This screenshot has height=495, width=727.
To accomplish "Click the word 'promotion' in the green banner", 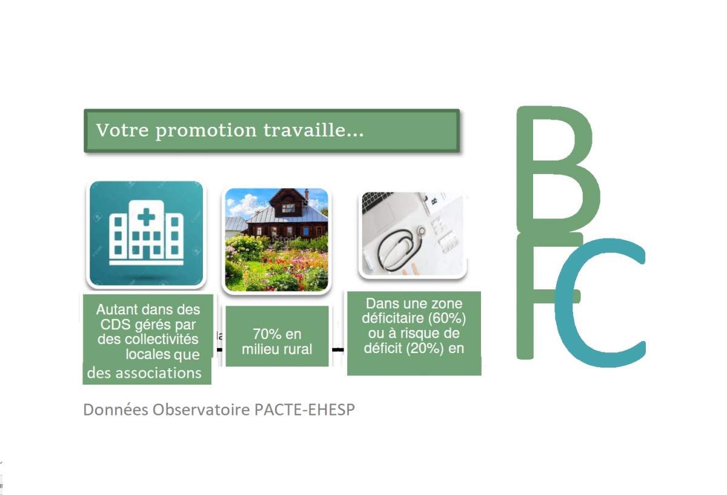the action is click(207, 131).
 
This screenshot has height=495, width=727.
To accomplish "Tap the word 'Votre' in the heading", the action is click(122, 130).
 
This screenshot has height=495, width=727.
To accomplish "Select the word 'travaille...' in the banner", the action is click(314, 130).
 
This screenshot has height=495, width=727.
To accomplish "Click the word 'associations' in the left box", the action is click(158, 373).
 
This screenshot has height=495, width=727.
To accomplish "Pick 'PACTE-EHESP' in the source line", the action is click(304, 409).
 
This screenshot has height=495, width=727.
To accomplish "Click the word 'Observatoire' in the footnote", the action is click(201, 409).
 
